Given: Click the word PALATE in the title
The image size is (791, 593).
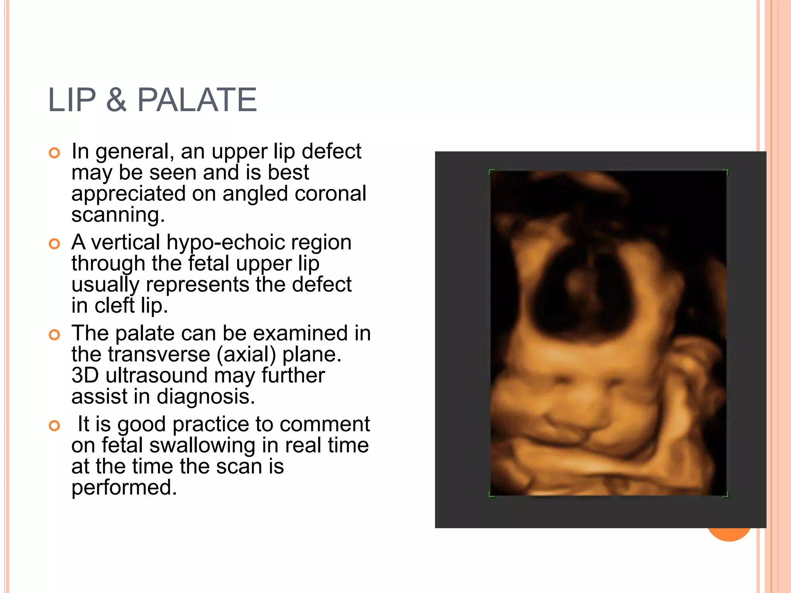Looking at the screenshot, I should [197, 100].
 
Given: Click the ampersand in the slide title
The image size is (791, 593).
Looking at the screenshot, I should [116, 100].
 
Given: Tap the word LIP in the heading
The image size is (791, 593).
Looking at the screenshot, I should [71, 100].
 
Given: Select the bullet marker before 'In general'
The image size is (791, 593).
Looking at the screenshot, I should [54, 153].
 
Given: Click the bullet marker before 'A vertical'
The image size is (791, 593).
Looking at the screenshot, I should [54, 244].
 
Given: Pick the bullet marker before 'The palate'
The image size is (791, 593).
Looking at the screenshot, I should [54, 335].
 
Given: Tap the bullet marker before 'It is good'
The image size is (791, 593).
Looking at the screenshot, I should [54, 426].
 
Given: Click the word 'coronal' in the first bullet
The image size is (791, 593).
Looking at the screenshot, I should [330, 193].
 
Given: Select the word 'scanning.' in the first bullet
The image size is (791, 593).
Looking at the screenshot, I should [118, 215].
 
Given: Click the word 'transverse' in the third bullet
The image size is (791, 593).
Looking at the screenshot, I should [159, 354].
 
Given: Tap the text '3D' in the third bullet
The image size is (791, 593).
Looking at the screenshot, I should [85, 375].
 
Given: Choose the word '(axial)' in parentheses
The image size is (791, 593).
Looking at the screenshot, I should [246, 354].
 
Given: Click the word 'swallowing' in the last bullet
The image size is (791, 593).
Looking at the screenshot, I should [202, 446].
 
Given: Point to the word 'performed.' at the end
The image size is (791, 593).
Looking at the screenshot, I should [124, 488].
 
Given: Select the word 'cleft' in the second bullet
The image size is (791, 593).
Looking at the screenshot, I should [114, 305].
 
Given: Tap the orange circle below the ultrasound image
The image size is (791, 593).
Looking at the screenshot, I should [729, 535].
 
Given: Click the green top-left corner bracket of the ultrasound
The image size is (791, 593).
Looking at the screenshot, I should [491, 172].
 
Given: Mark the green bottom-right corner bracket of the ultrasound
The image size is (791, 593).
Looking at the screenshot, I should [726, 495].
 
